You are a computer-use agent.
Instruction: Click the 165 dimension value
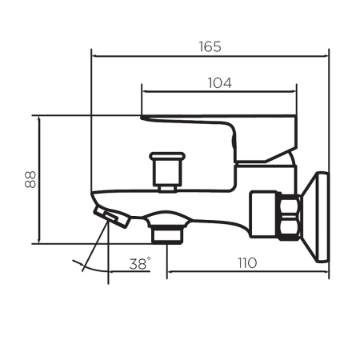(210, 46)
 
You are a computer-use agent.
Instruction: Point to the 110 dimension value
(246, 262)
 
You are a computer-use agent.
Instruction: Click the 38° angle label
(138, 262)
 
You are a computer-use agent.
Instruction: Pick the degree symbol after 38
(148, 258)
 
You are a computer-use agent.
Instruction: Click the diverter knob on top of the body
(167, 170)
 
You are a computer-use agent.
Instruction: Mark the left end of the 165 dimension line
(93, 55)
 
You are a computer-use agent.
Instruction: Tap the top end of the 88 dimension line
(38, 115)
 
